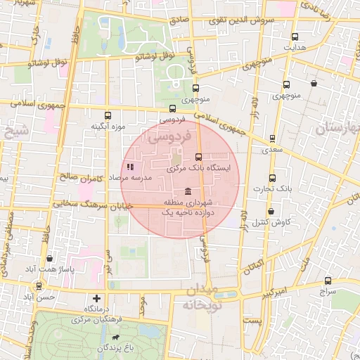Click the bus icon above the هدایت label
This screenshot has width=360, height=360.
pyautogui.click(x=294, y=37)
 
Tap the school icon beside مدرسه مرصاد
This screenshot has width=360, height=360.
pyautogui.click(x=130, y=167)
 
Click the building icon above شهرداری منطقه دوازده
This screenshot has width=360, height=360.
pyautogui.click(x=188, y=192)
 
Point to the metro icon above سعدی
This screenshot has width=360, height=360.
pyautogui.click(x=271, y=139)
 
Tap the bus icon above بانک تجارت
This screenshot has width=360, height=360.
pyautogui.click(x=272, y=179)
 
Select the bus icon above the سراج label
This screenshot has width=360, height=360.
pyautogui.click(x=327, y=279)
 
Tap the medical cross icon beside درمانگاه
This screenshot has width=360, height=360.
pyautogui.click(x=97, y=298)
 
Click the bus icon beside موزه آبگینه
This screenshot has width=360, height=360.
pyautogui.click(x=108, y=116)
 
